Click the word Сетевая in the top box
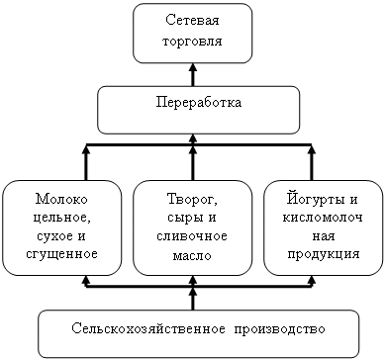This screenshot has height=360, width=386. coord(192,20)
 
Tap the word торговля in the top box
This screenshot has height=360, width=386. coord(192,42)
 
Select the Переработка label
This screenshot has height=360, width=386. coord(199,102)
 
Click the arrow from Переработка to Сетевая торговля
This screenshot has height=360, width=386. coord(193,74)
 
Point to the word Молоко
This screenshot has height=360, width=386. coord(62,199)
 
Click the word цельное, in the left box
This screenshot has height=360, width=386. coord(62,218)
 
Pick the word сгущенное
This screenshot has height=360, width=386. coord(61,254)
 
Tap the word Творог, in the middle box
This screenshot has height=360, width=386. coord(192,200)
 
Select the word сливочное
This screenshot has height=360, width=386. coord(192,236)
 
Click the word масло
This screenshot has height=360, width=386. coord(192,256)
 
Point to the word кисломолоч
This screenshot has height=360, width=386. coord(323,218)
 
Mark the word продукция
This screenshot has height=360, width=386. coord(324,254)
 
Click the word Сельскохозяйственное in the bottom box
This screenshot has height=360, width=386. coord(148,328)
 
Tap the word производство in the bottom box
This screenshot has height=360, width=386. coord(280,329)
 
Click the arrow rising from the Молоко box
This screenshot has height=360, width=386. coord(86,163)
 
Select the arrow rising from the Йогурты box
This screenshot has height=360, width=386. coord(312,163)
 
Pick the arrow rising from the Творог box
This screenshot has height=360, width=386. coord(193,163)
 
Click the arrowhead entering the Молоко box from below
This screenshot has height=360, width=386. coord(86,279)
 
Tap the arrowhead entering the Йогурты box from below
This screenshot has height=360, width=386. coord(312,279)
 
